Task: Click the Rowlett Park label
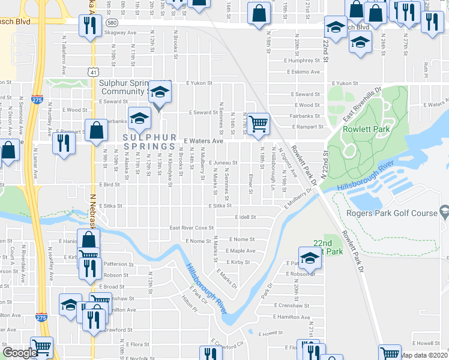pyautogui.click(x=367, y=128)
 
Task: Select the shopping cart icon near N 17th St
pyautogui.click(x=259, y=123)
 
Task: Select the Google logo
pyautogui.click(x=20, y=353)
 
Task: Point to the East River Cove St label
pyautogui.click(x=191, y=228)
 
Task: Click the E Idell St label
pyautogui.click(x=246, y=217)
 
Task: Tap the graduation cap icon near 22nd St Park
pyautogui.click(x=309, y=257)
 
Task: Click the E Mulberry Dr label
pyautogui.click(x=297, y=200)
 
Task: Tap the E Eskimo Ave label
pyautogui.click(x=306, y=72)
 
